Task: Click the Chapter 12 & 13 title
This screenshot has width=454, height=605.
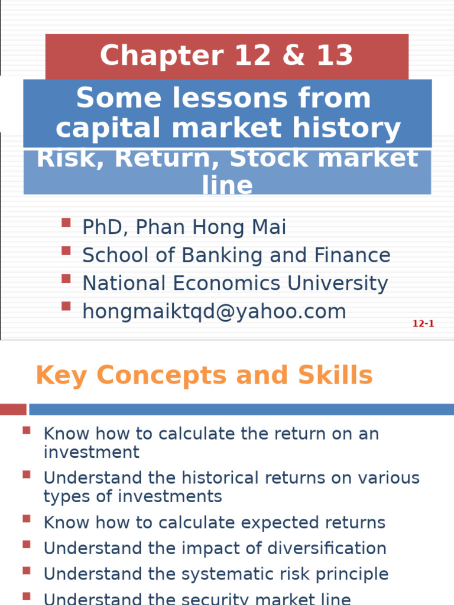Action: pos(226,56)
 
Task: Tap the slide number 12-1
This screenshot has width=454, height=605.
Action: pos(423,324)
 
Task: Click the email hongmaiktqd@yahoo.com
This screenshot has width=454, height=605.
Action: pos(214,311)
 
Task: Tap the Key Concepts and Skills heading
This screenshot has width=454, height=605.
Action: pos(204,375)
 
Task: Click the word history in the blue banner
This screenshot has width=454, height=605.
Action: pos(355,128)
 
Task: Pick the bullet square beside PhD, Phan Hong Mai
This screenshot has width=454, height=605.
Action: pos(66,223)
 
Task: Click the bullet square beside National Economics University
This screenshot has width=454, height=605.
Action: pos(66,278)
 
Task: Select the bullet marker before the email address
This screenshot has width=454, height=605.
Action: pos(66,306)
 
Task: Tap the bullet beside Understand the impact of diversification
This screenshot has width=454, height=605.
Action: pos(26,544)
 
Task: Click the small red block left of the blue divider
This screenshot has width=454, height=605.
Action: pos(13,409)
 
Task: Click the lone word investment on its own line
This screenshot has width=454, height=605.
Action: pos(91,453)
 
